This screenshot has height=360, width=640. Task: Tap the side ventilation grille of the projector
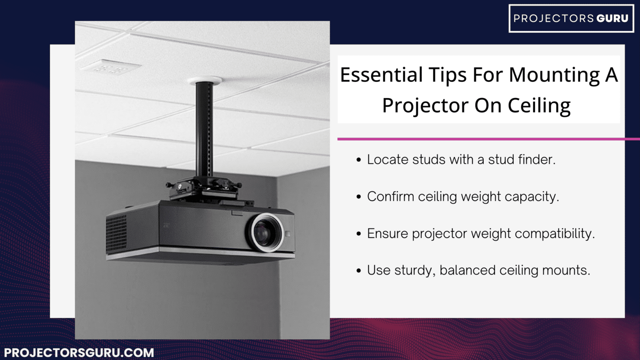pyautogui.click(x=117, y=233)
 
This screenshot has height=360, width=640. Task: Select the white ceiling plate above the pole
pyautogui.click(x=204, y=80)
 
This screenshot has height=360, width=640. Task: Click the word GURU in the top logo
pyautogui.click(x=612, y=18)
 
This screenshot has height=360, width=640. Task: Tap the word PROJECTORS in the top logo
pyautogui.click(x=553, y=18)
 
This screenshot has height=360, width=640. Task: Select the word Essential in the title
pyautogui.click(x=382, y=75)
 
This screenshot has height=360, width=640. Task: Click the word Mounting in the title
pyautogui.click(x=554, y=75)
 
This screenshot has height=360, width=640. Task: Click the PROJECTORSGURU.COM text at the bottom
pyautogui.click(x=79, y=352)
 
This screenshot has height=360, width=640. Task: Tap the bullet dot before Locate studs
pyautogui.click(x=359, y=160)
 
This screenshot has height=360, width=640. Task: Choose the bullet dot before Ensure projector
pyautogui.click(x=359, y=234)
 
